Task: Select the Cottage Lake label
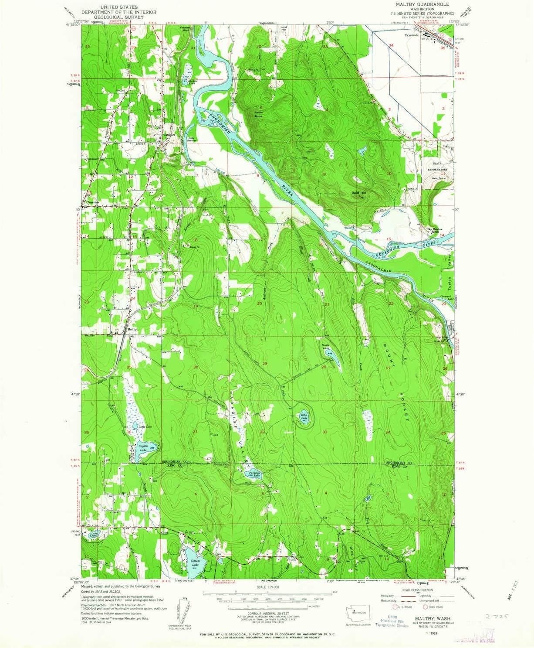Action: coord(194,563)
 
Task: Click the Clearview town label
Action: coord(93,202)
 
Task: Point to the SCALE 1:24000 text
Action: coord(267,587)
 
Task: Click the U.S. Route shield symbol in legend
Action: coord(395,607)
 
